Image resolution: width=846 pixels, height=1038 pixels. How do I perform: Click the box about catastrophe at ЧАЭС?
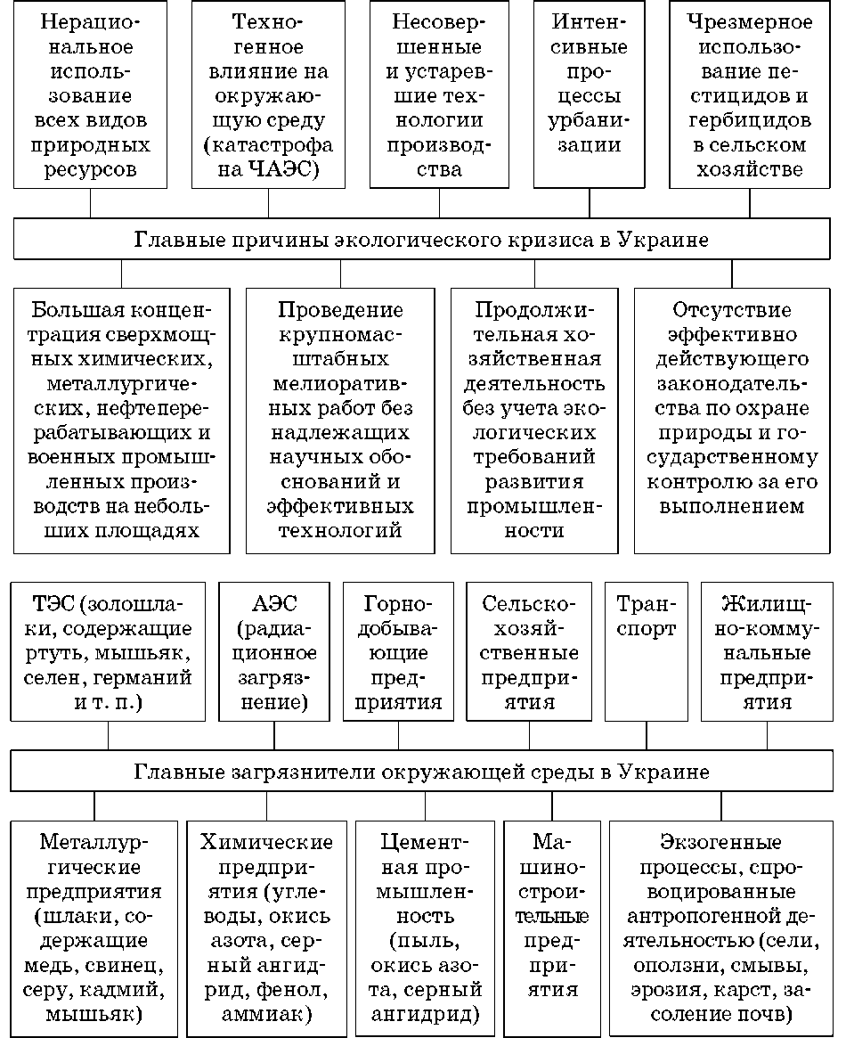tap(268, 95)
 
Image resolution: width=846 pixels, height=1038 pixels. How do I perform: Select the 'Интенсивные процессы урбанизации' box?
tap(589, 95)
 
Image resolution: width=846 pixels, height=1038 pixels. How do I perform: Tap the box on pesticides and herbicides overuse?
tap(749, 95)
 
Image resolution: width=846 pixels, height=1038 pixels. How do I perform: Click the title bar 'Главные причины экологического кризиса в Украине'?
tap(422, 241)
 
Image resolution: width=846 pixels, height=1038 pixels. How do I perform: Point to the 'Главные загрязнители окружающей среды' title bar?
tap(422, 772)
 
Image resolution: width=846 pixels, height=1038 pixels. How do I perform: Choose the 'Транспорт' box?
tap(646, 651)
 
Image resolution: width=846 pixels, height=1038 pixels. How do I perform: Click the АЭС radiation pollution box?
tap(273, 651)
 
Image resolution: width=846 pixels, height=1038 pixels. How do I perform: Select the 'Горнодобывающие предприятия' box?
tap(398, 651)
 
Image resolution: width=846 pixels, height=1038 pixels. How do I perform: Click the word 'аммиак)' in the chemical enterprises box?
tap(267, 1013)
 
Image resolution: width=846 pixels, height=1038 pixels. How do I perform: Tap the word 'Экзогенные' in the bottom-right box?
tap(721, 842)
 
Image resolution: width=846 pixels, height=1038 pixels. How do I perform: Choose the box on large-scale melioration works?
tap(340, 419)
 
